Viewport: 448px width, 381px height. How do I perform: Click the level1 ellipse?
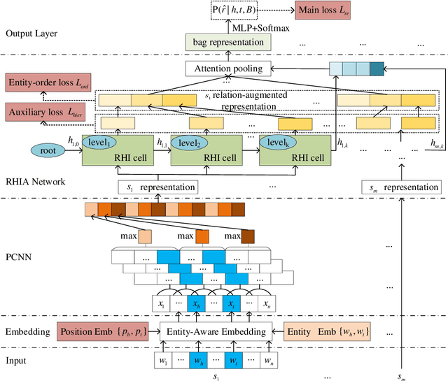[99, 143]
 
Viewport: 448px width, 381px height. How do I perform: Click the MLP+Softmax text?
[260, 27]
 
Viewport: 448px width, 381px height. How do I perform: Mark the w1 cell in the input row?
[163, 361]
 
